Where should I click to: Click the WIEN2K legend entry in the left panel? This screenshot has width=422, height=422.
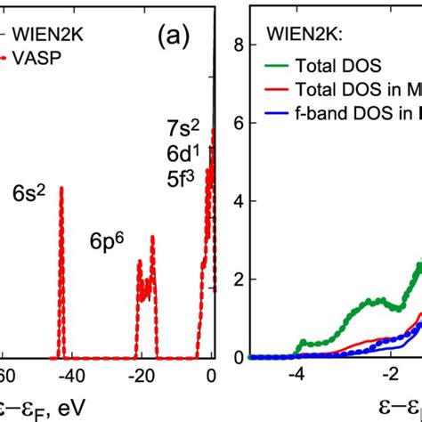(x=40, y=35)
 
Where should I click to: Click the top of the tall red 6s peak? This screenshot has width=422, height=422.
(x=61, y=188)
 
